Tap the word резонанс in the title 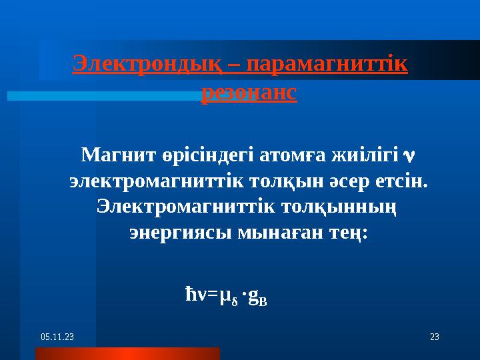click(249, 93)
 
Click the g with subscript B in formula click(257, 295)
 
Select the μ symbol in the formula click(227, 294)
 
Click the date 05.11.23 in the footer click(57, 338)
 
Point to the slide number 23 click(434, 338)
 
